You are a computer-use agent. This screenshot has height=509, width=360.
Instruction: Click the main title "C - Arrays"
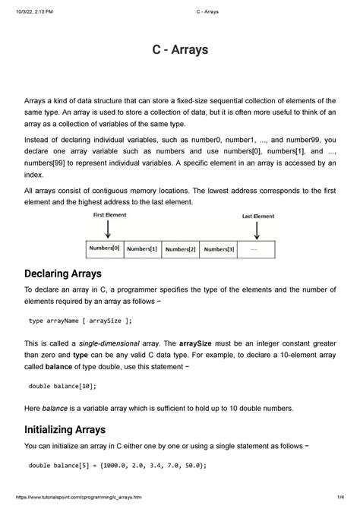(180, 51)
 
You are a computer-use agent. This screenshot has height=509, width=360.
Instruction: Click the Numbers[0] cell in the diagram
(103, 248)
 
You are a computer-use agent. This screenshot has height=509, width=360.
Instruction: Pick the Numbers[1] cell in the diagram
(142, 249)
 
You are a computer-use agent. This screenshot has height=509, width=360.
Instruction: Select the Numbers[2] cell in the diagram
(181, 249)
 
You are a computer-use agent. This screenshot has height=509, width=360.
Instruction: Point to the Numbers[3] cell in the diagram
(219, 249)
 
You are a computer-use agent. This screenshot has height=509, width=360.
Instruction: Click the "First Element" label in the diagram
(110, 215)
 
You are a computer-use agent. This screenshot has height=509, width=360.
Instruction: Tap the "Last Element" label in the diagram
(258, 216)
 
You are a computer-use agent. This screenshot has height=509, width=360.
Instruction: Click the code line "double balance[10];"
(62, 386)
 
